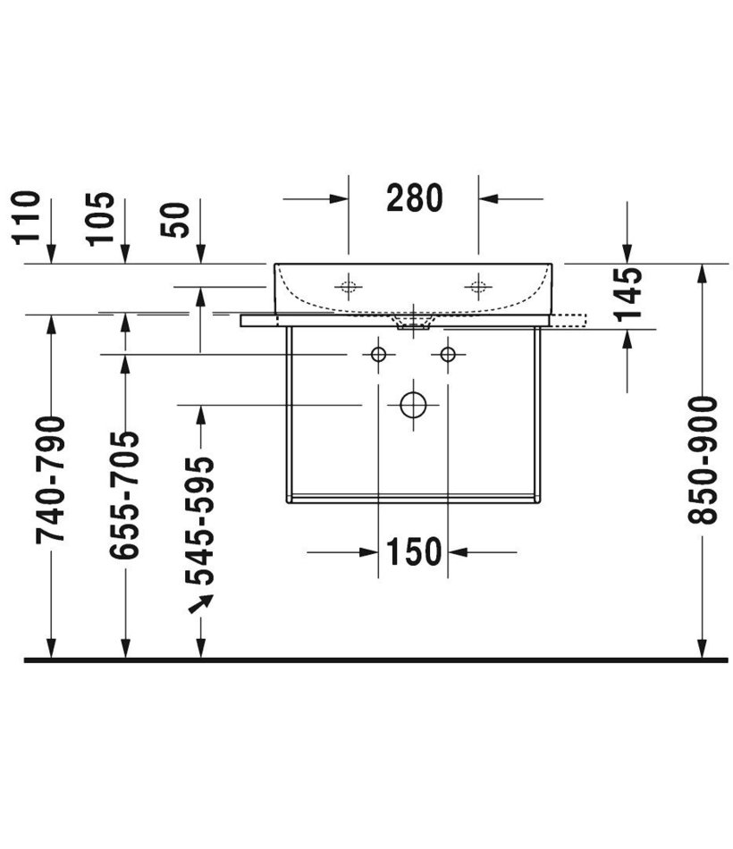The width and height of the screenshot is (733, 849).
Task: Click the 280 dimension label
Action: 415,198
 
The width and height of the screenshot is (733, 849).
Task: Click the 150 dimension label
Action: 413,551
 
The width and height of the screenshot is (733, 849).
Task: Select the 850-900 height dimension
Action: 702,460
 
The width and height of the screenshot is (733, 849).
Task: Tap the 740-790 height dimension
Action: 50,480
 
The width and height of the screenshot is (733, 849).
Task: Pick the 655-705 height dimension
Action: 124,495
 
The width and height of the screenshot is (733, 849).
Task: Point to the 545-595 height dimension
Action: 200,521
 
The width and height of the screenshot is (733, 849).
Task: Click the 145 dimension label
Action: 628,294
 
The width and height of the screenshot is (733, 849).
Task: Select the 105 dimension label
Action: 101,219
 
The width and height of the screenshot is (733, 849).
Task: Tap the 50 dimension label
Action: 175,220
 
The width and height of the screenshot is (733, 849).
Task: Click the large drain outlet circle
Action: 413,405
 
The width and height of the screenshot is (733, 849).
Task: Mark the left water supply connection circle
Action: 378,355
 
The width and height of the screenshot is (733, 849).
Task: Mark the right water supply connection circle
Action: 448,355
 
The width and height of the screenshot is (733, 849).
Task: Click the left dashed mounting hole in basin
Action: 349,286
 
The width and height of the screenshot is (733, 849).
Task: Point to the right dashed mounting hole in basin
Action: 478,286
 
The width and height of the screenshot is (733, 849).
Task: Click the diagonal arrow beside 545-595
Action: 200,603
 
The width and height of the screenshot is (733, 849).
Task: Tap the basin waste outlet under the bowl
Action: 413,324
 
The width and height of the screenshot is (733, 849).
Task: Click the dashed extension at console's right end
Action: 569,320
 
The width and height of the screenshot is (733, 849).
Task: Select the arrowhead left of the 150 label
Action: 368,552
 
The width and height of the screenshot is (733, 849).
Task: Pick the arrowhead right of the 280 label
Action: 488,198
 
